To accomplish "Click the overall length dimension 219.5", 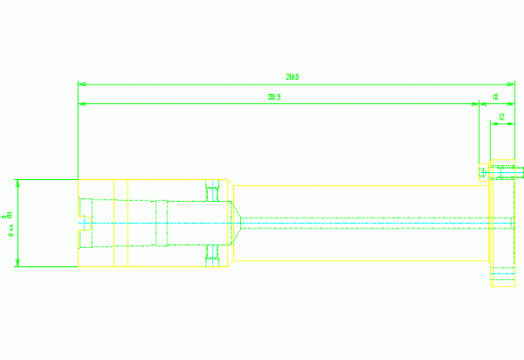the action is click(293, 77).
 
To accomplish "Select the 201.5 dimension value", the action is click(274, 97).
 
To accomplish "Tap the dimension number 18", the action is click(496, 97).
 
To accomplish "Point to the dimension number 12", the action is click(501, 117).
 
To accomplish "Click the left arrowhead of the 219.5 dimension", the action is click(81, 84).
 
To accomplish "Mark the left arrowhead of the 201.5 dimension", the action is click(81, 103).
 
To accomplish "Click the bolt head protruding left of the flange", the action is click(484, 171).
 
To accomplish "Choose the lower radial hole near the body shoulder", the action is click(210, 256).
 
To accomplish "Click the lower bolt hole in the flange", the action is click(503, 273).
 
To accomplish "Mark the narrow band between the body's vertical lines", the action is click(121, 223).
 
